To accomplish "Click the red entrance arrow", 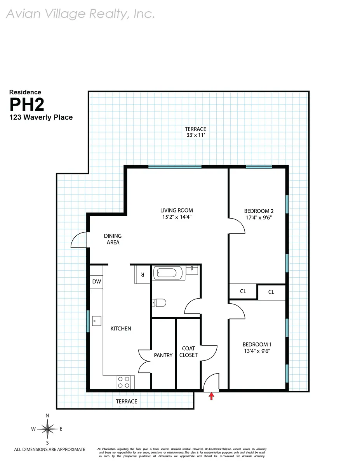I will pos(212,396).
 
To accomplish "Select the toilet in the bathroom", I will pos(160,302).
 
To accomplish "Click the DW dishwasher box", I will pos(96,282).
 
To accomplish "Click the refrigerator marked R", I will pos(143,275).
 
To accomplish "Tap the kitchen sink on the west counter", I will pos(97,321).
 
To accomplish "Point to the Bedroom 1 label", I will pos(257,344).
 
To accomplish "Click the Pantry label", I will pos(163,355).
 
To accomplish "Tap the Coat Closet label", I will pos(189,352).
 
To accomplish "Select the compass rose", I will pos(47,429).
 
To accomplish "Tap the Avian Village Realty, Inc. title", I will pos(81,14).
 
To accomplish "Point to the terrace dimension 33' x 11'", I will pos(195,136).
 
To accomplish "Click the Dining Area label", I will pos(112,239).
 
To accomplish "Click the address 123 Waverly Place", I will pos(41,117).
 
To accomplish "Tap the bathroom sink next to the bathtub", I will pos(192,270).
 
